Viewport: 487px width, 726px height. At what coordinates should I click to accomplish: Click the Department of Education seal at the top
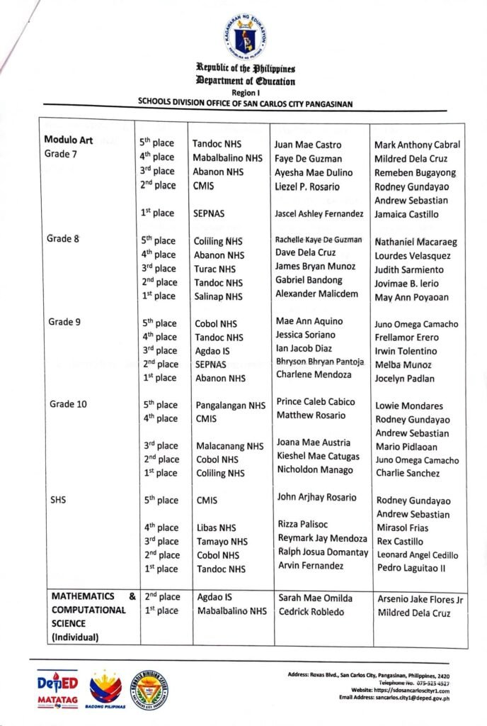coord(246,37)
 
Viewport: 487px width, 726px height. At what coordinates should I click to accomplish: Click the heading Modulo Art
coord(69,139)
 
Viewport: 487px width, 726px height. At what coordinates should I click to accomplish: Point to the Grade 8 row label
coord(63,238)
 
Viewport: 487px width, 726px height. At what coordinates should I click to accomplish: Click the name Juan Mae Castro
coord(307,145)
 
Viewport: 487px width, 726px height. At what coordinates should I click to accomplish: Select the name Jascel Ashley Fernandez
coord(319,213)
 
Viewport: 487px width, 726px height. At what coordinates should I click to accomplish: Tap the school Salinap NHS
coord(219,296)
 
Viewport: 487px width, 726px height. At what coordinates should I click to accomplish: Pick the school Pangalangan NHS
coord(230,406)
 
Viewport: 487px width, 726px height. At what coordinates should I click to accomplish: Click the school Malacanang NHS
coord(229,446)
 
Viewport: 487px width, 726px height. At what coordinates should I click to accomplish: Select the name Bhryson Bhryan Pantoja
coord(320,362)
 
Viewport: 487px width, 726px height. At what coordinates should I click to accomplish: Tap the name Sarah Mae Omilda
coord(314,598)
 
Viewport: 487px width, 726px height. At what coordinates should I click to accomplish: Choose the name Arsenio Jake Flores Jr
coord(420,600)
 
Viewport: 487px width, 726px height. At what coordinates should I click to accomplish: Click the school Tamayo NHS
coord(222,542)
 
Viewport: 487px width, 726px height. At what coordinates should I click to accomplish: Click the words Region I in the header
coord(246,92)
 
